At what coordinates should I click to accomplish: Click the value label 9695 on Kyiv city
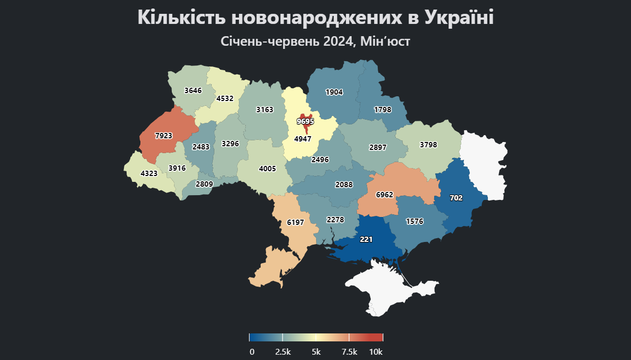(x=305, y=121)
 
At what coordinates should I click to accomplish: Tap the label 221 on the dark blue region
(x=366, y=240)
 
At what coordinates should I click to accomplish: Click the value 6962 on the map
(x=384, y=195)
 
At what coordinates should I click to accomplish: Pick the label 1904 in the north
(x=334, y=92)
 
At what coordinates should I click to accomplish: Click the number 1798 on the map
(x=383, y=110)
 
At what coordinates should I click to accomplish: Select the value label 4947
(x=303, y=140)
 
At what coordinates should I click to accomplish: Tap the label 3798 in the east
(x=428, y=145)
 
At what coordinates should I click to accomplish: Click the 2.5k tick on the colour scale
(x=283, y=352)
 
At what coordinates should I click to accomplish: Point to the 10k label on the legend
(x=376, y=352)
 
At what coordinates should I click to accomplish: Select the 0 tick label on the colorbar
(x=252, y=352)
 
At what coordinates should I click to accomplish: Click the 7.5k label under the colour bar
(x=349, y=352)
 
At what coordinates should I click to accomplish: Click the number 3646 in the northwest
(x=193, y=90)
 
